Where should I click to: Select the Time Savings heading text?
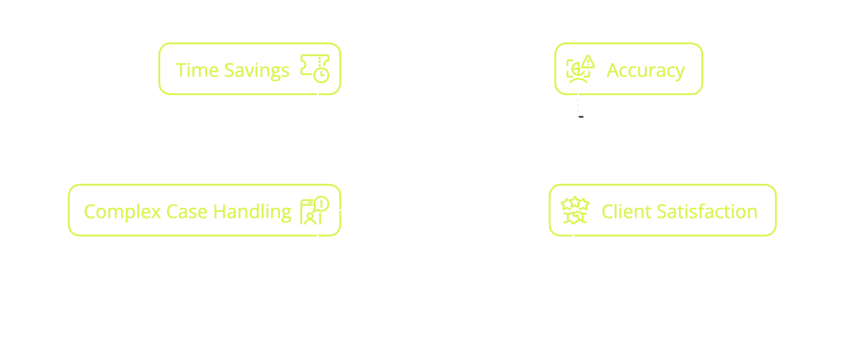click(x=232, y=70)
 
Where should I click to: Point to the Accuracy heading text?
click(x=645, y=70)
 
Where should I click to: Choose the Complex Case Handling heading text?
click(x=188, y=212)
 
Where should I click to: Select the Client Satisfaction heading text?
click(x=679, y=212)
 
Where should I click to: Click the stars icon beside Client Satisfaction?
click(x=575, y=210)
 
